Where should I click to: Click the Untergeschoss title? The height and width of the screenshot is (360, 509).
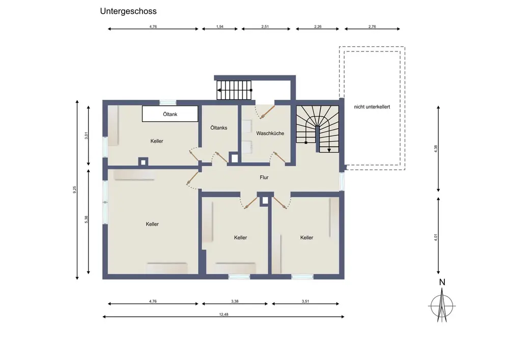128,11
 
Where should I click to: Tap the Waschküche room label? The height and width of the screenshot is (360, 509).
270,133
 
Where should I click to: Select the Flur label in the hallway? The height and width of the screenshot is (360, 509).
264,177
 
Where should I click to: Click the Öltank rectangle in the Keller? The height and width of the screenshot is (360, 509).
170,114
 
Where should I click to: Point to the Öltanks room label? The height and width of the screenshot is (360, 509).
219,128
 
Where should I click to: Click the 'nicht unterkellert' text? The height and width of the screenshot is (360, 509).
372,106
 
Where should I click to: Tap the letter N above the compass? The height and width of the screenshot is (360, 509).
442,283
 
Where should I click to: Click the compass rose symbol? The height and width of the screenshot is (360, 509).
442,306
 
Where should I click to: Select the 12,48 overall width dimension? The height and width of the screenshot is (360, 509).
223,314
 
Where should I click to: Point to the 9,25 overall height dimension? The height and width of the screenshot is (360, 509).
75,189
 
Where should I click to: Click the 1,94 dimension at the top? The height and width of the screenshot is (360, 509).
220,26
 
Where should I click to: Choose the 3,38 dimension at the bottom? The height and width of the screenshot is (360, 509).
235,301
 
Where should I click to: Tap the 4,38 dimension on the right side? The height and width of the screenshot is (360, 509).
436,149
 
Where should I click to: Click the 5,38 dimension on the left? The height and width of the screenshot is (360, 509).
87,219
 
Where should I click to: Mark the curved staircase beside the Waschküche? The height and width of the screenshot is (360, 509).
318,129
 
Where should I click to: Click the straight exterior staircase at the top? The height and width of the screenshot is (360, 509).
234,90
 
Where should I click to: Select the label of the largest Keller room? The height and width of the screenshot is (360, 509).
152,224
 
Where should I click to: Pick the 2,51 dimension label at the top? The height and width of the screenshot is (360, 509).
265,26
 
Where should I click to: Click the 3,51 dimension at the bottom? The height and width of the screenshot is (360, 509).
305,301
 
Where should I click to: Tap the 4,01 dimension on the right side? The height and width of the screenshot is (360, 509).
436,237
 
